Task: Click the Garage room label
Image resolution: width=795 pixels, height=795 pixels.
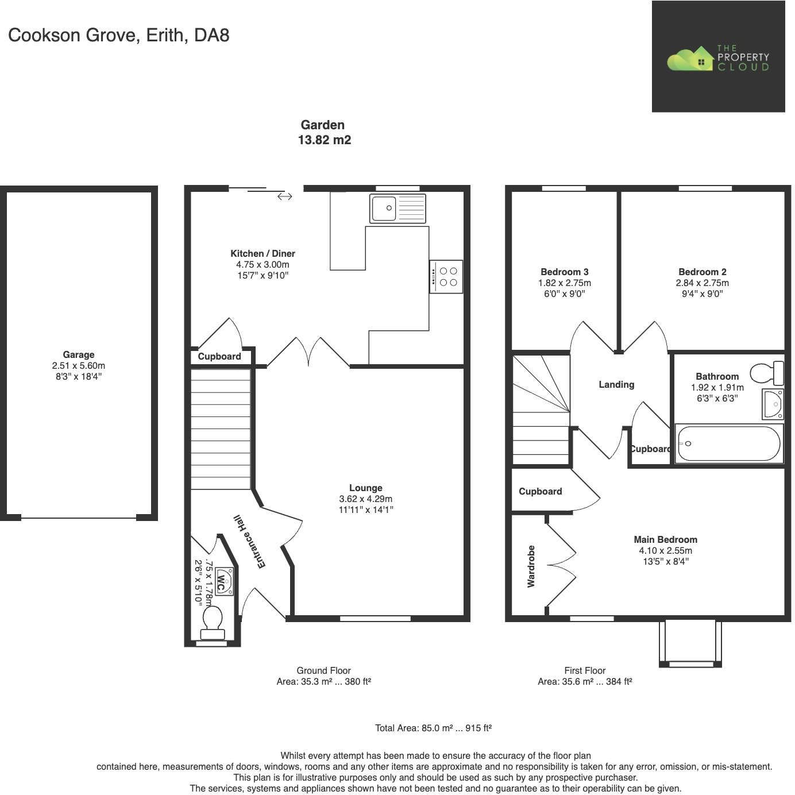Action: [x=79, y=355]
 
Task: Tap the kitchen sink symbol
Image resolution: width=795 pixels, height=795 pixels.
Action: [x=398, y=208]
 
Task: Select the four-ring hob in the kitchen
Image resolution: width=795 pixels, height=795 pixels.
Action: [x=446, y=276]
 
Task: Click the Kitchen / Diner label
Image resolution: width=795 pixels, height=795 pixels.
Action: [x=263, y=253]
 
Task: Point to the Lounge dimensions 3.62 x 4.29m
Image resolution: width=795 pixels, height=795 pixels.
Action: [x=366, y=499]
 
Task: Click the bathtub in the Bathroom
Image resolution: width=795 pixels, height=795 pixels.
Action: [x=728, y=444]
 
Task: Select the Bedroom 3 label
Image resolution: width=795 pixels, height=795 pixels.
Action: [x=564, y=272]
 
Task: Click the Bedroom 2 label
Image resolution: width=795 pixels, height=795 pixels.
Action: [x=702, y=272]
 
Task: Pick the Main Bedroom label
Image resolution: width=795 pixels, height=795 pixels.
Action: [x=665, y=539]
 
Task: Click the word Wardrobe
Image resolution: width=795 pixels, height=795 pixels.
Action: [x=531, y=566]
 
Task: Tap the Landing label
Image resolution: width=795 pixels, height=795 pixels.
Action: [x=616, y=384]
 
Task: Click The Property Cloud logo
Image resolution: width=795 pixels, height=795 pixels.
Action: [x=718, y=57]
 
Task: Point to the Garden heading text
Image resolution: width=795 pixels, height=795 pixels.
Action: [x=323, y=125]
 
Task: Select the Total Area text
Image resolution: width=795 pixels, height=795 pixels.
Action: [x=433, y=728]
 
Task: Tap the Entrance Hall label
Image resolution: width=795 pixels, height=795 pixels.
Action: [x=249, y=542]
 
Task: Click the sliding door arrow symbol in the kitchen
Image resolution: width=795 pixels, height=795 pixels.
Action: [x=285, y=196]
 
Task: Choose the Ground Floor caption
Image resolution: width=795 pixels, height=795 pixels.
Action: [x=323, y=670]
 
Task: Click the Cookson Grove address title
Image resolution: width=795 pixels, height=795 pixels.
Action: [x=119, y=35]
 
